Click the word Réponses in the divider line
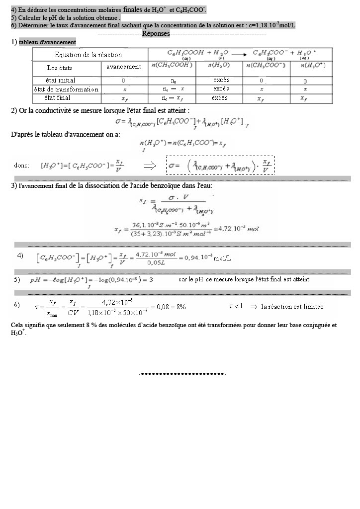click(x=156, y=33)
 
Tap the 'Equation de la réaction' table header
click(x=88, y=55)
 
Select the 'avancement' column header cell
click(x=124, y=67)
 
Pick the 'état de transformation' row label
click(x=66, y=89)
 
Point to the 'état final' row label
click(x=57, y=98)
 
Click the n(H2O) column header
click(x=219, y=67)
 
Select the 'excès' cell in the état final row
click(x=219, y=98)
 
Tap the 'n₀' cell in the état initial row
click(x=173, y=80)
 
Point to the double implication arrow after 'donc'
click(x=150, y=166)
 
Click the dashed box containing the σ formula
click(x=220, y=166)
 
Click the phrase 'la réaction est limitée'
click(x=292, y=307)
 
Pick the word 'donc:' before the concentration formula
click(x=21, y=166)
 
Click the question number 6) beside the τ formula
click(x=17, y=304)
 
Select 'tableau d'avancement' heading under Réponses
click(x=48, y=42)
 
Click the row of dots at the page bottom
click(x=183, y=373)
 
